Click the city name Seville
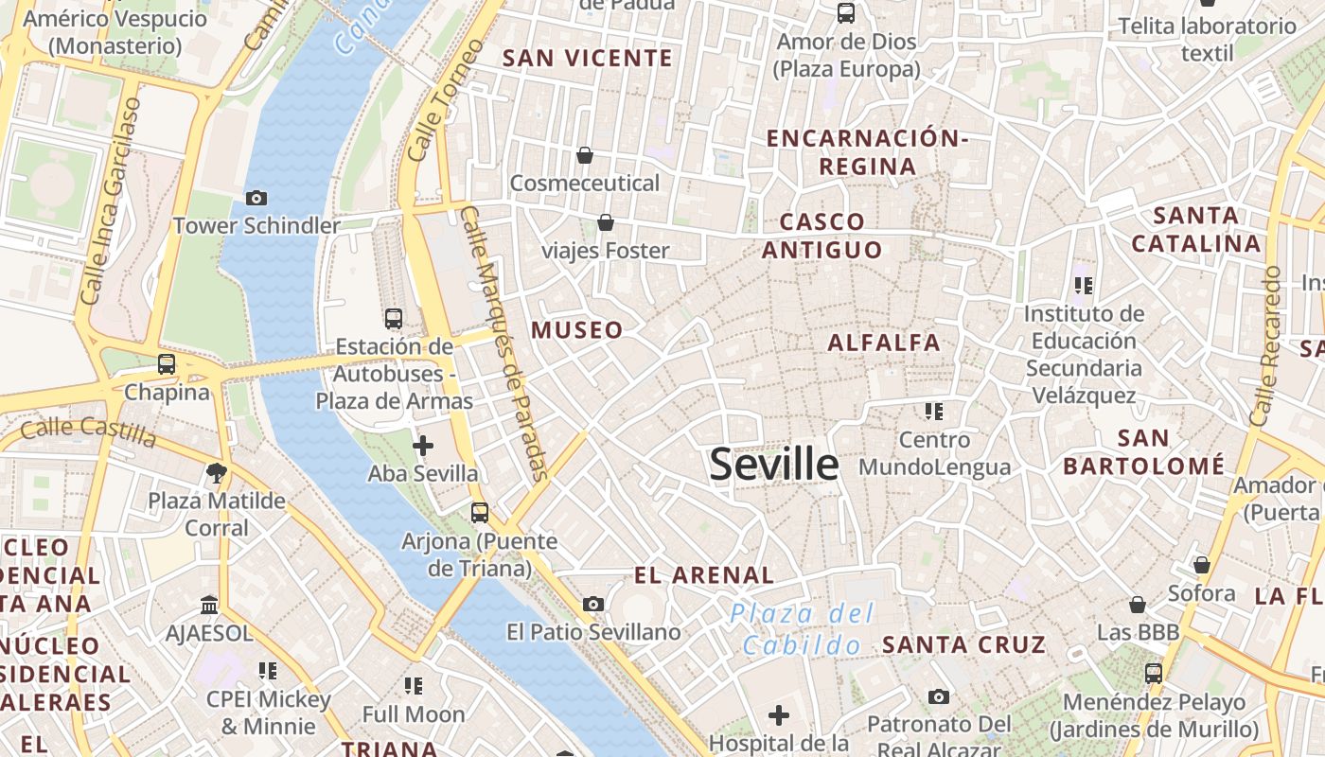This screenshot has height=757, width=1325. [773, 464]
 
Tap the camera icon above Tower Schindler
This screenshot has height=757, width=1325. [256, 198]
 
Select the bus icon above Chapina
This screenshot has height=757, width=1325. [167, 363]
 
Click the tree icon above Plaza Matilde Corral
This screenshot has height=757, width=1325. [217, 472]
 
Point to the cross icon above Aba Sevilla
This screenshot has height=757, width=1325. [423, 445]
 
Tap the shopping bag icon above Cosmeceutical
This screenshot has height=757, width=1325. [585, 154]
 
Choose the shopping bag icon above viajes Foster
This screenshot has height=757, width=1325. [605, 222]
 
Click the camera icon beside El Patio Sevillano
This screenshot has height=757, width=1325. [592, 604]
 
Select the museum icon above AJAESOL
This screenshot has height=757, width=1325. [209, 605]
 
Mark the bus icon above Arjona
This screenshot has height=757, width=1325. [480, 513]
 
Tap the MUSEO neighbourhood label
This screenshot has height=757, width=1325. [577, 330]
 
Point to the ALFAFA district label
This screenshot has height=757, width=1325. [884, 343]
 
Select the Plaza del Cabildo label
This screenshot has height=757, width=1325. [803, 629]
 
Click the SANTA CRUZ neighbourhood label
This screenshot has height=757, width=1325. [963, 645]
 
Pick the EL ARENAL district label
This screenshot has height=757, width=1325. [703, 574]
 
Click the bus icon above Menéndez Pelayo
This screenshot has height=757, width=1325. [1153, 674]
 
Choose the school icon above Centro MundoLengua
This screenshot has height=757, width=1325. [934, 412]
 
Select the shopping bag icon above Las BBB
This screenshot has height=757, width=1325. [1138, 604]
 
